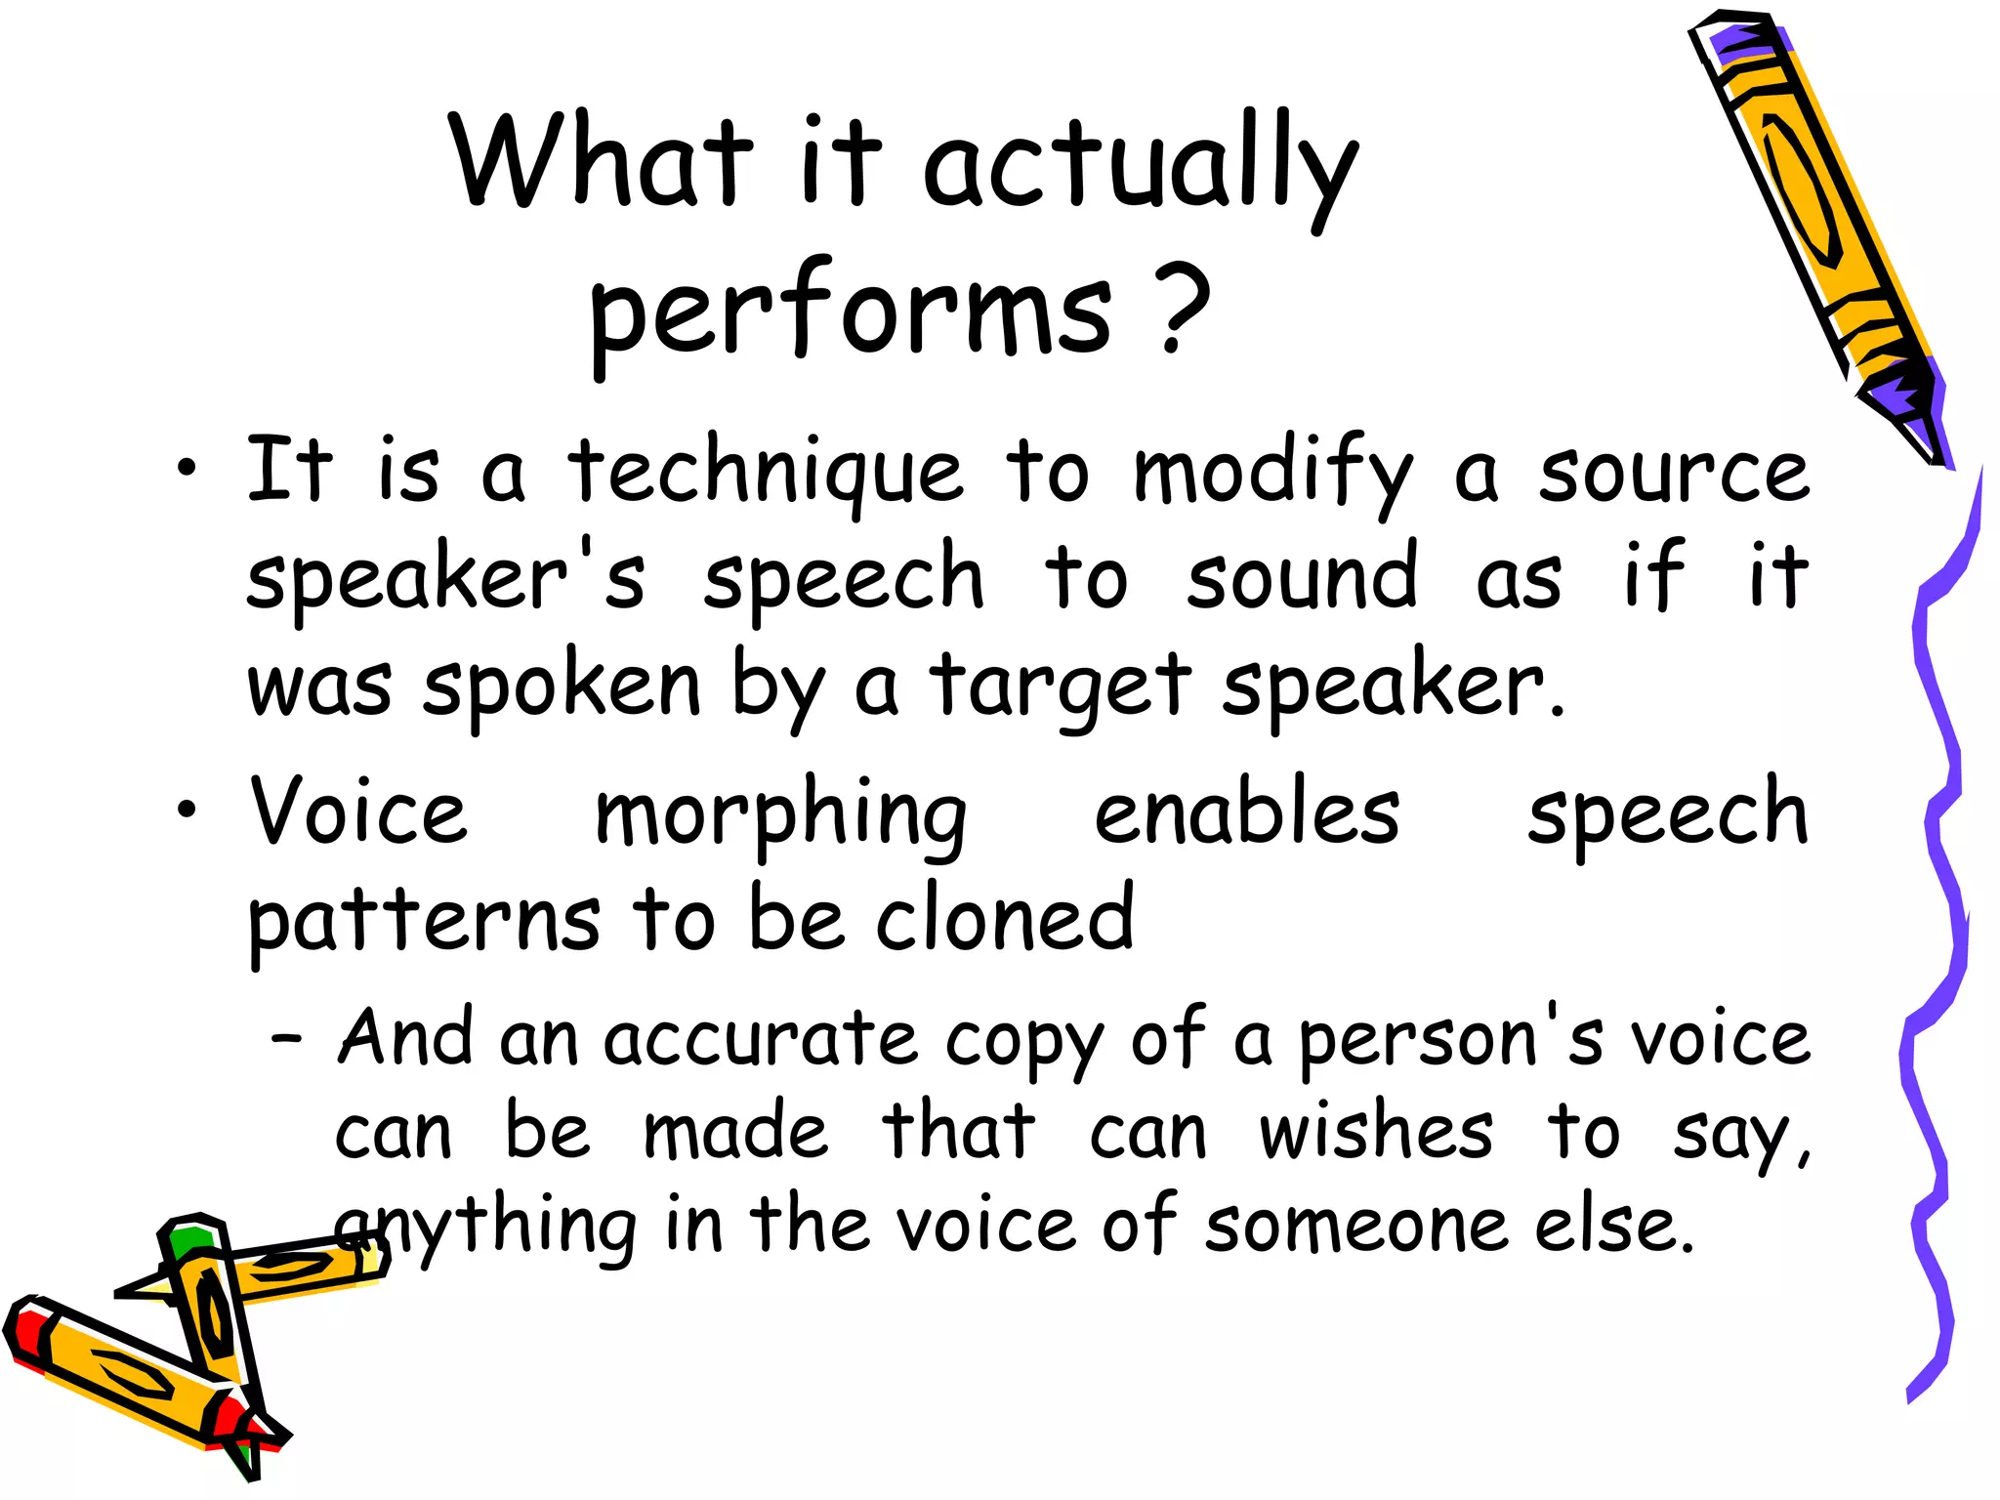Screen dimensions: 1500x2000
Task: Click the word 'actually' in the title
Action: (1138, 166)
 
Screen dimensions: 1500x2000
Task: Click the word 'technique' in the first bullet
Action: (766, 474)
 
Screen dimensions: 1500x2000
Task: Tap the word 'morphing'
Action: (780, 817)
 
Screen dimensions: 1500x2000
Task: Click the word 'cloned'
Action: (1005, 919)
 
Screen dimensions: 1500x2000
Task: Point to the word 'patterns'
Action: (424, 923)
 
